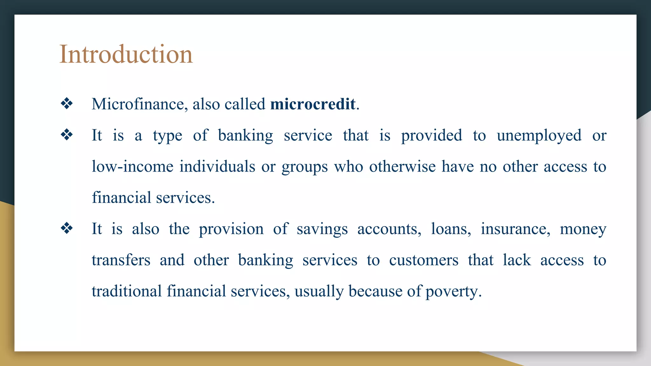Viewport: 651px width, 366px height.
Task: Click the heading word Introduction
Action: (126, 54)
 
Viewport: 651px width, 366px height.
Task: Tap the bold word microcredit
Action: (313, 104)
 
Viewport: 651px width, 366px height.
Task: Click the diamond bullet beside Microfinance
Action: (67, 104)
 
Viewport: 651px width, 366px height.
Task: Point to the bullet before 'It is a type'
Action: (67, 135)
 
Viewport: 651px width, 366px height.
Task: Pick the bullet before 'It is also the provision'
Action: (67, 228)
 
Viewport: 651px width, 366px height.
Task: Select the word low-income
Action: (133, 167)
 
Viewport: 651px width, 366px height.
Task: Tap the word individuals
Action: (217, 167)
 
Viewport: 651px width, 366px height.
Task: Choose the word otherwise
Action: (402, 167)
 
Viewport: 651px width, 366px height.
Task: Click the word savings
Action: (322, 229)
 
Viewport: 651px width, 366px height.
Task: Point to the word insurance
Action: (515, 229)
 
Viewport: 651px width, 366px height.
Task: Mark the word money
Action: (583, 229)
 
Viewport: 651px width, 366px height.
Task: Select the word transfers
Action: (121, 260)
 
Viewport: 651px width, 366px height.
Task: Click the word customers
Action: (423, 260)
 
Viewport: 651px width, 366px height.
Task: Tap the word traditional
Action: (127, 291)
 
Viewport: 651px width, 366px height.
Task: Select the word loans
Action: (451, 229)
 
